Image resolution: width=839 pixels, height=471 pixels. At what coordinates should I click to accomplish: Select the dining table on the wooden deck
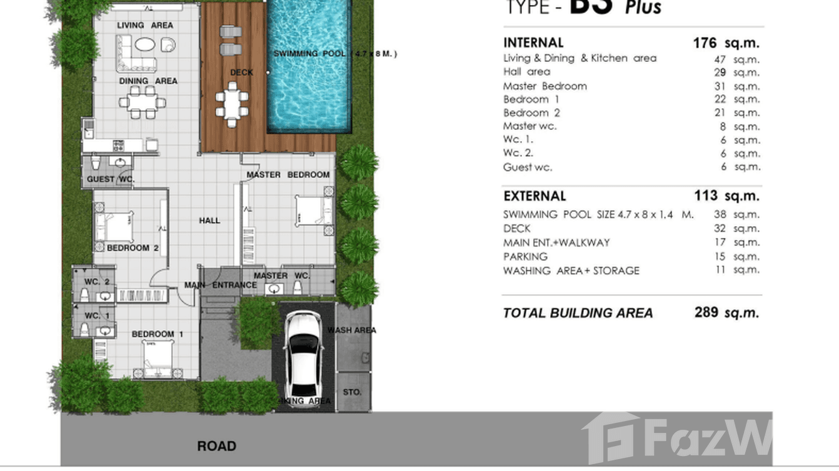pos(232,104)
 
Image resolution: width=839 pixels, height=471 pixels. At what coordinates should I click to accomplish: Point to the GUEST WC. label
pos(111,179)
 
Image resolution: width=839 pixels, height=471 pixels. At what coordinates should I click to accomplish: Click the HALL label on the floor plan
pos(209,221)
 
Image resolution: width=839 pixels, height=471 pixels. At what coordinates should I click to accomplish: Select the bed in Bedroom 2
pos(114,226)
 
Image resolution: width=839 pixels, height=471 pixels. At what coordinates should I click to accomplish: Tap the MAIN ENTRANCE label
pos(220,285)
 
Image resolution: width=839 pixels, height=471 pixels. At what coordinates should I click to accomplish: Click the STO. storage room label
pos(352,392)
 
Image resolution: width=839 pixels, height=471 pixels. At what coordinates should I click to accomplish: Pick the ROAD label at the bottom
pos(216,446)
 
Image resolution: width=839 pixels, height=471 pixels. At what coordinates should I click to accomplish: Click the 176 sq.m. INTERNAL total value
pos(726,43)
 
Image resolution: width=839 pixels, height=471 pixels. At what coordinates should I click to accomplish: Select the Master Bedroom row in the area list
pos(545,86)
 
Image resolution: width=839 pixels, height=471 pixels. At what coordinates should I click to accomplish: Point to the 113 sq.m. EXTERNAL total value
pos(726,196)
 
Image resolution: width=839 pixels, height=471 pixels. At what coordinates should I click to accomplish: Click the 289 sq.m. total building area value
pos(726,312)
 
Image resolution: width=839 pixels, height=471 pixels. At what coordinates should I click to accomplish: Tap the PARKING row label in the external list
pos(525,257)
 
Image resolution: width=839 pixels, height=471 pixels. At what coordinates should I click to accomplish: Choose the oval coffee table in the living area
pos(144,45)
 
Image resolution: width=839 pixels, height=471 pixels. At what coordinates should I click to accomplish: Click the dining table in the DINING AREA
pos(143,102)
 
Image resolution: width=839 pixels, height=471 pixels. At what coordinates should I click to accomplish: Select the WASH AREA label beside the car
pos(351,330)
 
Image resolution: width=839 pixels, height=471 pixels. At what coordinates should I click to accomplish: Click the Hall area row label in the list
pos(526,72)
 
